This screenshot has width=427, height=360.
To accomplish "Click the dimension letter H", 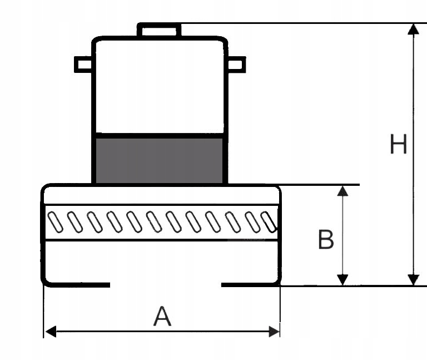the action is [x=399, y=144].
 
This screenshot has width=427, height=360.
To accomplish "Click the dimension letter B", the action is [x=326, y=240].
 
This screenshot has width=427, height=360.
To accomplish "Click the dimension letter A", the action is [x=162, y=316].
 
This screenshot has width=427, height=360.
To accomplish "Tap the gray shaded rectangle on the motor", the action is [x=160, y=160].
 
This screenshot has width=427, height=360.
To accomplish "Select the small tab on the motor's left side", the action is [x=83, y=65].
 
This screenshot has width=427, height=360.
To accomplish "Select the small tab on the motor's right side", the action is [x=237, y=65].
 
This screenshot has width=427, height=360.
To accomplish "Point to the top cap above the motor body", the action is [x=159, y=30].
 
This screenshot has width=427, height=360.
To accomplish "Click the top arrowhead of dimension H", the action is [x=414, y=29].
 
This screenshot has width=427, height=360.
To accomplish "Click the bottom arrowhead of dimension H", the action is [x=414, y=280].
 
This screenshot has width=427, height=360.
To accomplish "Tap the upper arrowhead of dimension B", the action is [x=342, y=191].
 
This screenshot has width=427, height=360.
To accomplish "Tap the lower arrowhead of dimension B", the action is [x=342, y=280].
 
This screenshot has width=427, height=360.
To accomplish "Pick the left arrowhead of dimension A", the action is [x=51, y=332].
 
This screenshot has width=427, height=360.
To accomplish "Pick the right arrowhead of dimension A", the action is [x=274, y=332].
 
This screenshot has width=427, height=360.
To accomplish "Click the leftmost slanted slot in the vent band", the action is [x=55, y=223].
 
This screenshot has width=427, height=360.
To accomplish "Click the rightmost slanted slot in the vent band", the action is [x=269, y=222].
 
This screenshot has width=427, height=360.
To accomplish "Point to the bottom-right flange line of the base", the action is [x=250, y=285].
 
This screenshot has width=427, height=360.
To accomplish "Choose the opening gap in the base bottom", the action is [x=166, y=285].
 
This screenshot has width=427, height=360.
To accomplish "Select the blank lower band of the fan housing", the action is [x=161, y=262].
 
